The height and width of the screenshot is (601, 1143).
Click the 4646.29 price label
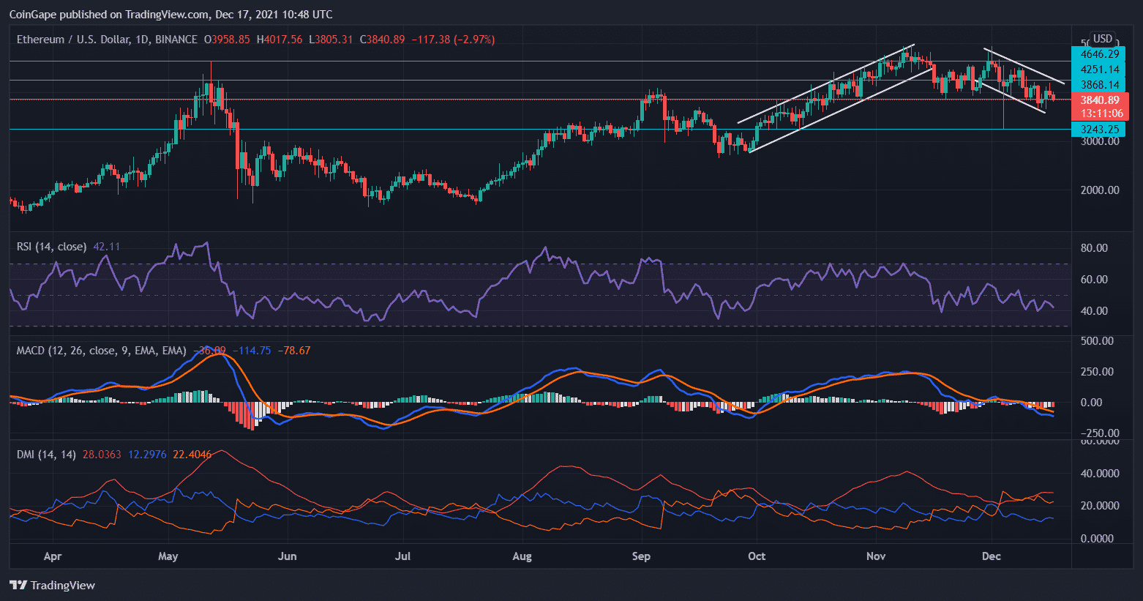click(x=1099, y=53)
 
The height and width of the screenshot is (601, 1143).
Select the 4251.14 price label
click(x=1099, y=70)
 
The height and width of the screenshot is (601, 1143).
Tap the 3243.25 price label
click(x=1099, y=130)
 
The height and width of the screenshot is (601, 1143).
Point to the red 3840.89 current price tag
click(x=1099, y=100)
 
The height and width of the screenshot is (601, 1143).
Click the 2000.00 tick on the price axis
click(x=1099, y=190)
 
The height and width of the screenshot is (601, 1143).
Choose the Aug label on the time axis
click(x=522, y=556)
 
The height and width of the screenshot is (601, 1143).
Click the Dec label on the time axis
click(x=991, y=556)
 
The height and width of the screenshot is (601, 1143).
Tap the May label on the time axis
click(x=168, y=556)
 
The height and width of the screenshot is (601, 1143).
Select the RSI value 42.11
click(x=107, y=247)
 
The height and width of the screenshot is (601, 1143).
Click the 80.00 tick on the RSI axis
click(x=1094, y=248)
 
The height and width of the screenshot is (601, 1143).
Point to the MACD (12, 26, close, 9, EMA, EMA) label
click(x=101, y=351)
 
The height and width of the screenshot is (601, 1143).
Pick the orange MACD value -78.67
click(x=293, y=351)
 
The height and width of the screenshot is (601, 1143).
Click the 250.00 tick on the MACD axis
click(x=1097, y=372)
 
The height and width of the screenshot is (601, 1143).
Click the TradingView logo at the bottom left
click(x=53, y=585)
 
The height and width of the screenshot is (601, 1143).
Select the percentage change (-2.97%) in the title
click(x=474, y=40)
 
